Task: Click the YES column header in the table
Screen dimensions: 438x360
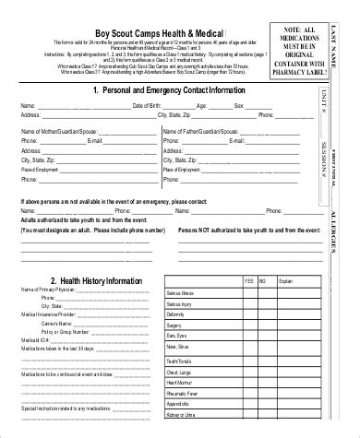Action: [x=247, y=280]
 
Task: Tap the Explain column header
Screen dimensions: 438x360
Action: [x=285, y=280]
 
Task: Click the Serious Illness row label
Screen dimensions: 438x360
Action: [x=181, y=291]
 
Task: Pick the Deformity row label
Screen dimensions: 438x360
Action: [x=175, y=314]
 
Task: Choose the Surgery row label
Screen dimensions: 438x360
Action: [x=174, y=326]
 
